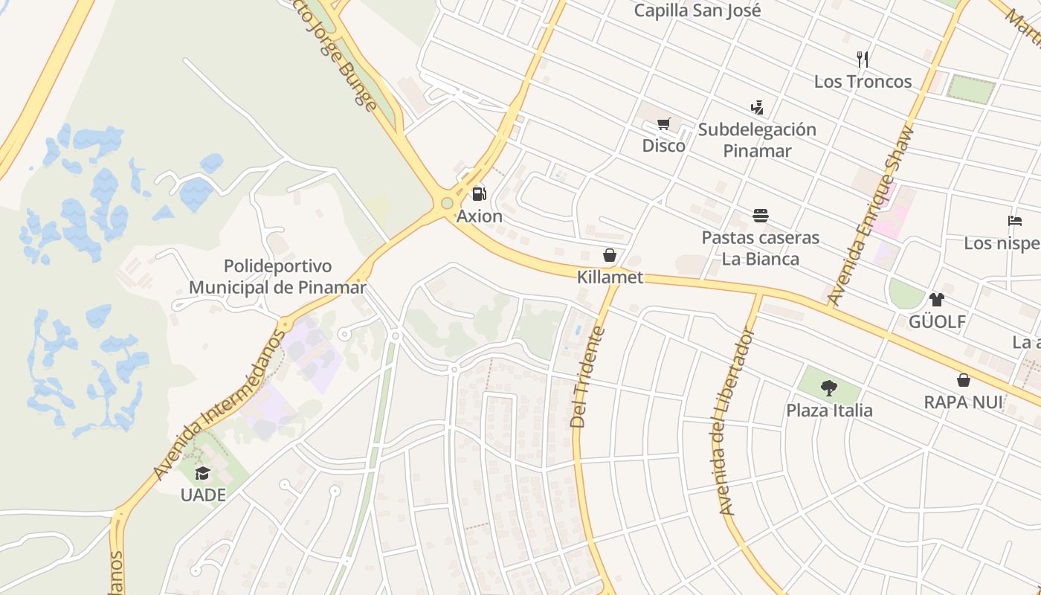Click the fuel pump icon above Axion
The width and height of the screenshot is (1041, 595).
(480, 195)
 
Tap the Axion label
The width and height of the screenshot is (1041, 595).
(480, 216)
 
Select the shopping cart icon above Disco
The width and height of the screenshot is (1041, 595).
(664, 124)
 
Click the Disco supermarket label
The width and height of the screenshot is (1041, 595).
(664, 146)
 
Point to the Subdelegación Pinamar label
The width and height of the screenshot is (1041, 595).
(757, 140)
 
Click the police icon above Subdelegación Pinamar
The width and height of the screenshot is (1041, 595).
(757, 108)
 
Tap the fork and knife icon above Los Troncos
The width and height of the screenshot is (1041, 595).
(863, 59)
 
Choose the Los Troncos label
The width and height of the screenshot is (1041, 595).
(863, 81)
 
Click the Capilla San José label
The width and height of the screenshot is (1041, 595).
(697, 10)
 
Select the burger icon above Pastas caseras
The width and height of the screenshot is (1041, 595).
(760, 216)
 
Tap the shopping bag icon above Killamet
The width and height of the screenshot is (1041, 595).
(610, 256)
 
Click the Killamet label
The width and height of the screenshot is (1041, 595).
(610, 277)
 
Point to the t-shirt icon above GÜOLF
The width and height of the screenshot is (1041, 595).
(936, 300)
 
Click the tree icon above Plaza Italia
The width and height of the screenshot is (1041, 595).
(829, 388)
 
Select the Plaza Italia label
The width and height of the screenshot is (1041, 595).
(829, 410)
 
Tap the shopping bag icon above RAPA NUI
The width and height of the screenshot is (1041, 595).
(963, 381)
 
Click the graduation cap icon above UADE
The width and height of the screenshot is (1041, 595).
(202, 473)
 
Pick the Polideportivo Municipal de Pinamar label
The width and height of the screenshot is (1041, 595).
(277, 277)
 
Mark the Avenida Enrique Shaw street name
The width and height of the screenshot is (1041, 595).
(869, 217)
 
